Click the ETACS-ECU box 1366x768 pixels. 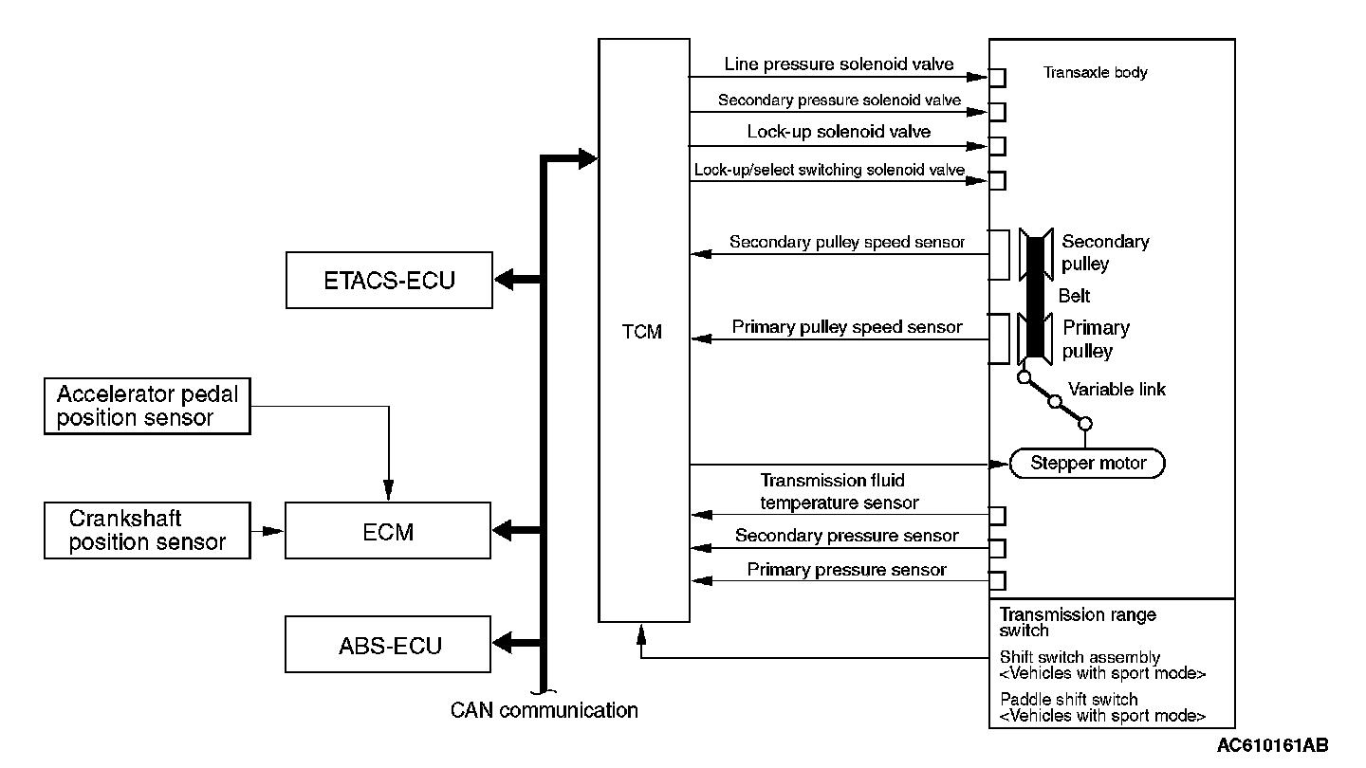(x=389, y=281)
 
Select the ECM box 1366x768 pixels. (x=389, y=531)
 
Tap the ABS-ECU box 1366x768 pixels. (x=389, y=646)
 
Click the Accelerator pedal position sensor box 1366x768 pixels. (x=147, y=407)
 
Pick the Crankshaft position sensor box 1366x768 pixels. (x=147, y=531)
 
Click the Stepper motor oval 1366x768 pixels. (x=1087, y=464)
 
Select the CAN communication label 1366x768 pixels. (x=545, y=710)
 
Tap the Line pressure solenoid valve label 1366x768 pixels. (x=839, y=64)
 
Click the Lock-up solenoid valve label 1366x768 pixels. (x=839, y=132)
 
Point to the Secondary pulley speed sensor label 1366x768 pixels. (x=846, y=242)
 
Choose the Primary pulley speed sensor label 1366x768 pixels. (x=847, y=327)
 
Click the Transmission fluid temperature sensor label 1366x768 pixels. (x=840, y=492)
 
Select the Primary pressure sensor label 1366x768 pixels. (x=846, y=570)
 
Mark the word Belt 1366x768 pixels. (x=1074, y=296)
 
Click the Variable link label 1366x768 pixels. (x=1117, y=389)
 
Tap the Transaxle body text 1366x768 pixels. (x=1095, y=72)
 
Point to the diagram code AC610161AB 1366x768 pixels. (x=1272, y=745)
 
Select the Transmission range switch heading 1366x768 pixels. (x=1078, y=622)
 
